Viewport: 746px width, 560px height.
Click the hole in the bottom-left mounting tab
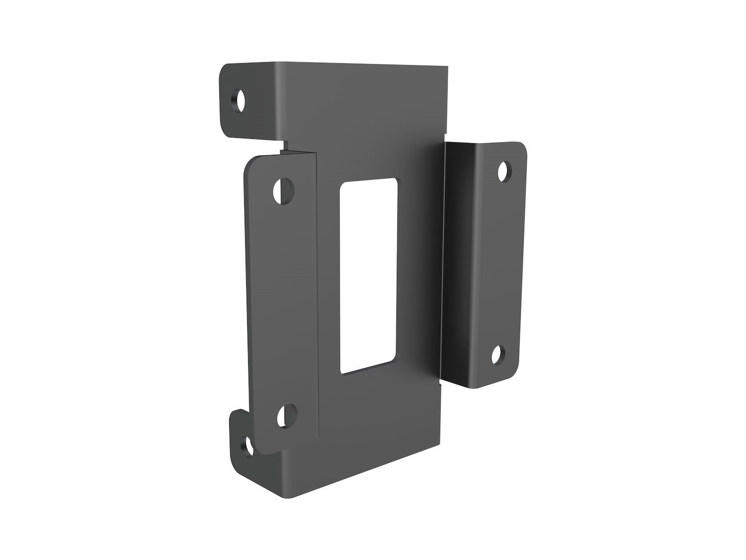coord(246,445)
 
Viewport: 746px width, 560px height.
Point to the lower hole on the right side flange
coord(497,355)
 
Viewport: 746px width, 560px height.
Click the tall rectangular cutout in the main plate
coord(368,276)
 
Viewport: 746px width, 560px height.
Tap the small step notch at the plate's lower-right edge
coord(440,385)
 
